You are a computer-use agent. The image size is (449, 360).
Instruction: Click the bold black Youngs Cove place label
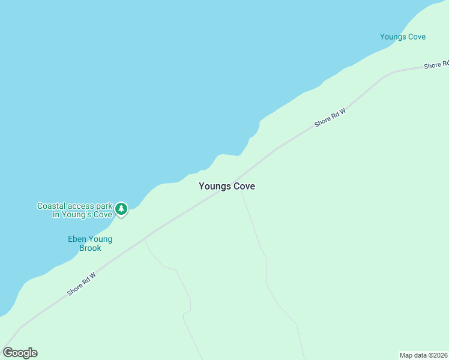(227, 187)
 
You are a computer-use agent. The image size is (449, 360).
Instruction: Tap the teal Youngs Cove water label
(403, 37)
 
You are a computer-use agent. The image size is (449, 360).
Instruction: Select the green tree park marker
(122, 209)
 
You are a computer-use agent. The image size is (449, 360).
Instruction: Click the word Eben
(77, 239)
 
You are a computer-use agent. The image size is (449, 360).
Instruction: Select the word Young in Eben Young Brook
(100, 239)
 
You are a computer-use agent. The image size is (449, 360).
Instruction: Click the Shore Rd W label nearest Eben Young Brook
(81, 283)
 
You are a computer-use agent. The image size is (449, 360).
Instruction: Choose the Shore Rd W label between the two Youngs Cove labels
(330, 117)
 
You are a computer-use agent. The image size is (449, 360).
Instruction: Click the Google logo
(20, 353)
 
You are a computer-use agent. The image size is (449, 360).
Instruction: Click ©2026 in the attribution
(438, 355)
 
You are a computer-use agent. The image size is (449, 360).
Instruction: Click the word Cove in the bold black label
(244, 187)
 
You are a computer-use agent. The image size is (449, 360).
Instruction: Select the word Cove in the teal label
(415, 37)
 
